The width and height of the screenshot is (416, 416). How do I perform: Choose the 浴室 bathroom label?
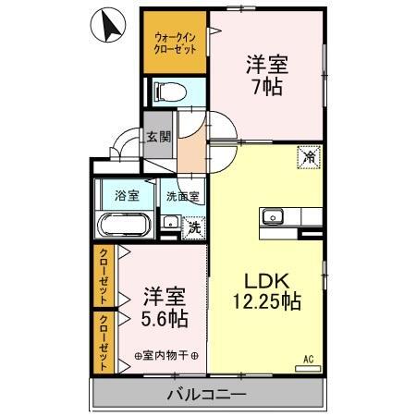pyautogui.click(x=127, y=196)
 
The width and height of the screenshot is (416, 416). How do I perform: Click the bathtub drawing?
pyautogui.click(x=124, y=226)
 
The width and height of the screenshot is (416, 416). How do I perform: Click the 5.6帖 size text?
pyautogui.click(x=165, y=320)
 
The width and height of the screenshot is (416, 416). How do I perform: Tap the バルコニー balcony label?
pyautogui.click(x=206, y=397)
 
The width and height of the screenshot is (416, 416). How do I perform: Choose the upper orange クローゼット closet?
pyautogui.click(x=103, y=276)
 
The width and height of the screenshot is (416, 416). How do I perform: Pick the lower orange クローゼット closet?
pyautogui.click(x=103, y=341)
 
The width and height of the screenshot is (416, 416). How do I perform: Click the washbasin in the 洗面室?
pyautogui.click(x=170, y=223)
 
